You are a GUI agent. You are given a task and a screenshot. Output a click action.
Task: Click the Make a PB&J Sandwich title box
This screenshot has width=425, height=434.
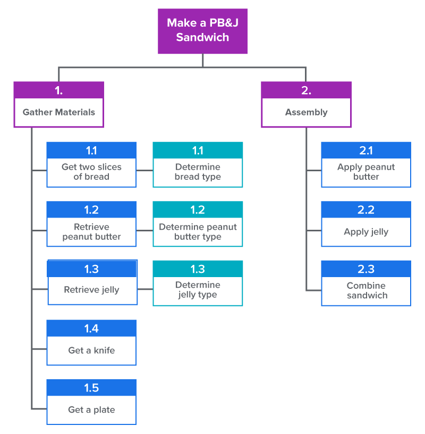coord(202,30)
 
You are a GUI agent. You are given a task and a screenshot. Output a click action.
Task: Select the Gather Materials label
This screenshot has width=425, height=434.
coord(58,112)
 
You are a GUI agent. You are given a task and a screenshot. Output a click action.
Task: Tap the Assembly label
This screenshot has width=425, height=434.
coord(306,112)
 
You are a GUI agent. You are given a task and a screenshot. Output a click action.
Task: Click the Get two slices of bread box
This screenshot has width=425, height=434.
coord(91,172)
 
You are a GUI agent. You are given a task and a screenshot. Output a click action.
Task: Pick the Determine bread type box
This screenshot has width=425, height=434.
coord(198,172)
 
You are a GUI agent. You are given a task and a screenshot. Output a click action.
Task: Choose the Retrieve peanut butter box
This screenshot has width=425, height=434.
coord(91,232)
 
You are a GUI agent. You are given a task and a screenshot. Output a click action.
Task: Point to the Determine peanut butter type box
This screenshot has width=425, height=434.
coord(198,232)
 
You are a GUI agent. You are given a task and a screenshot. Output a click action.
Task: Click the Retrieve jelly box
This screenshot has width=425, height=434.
coord(92,290)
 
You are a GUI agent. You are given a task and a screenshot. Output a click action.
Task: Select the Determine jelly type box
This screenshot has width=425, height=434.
coord(198,290)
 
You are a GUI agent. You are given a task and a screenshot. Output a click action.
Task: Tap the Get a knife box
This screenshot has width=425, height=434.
coord(91,350)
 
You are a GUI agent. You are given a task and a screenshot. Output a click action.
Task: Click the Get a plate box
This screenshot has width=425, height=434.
coord(91,410)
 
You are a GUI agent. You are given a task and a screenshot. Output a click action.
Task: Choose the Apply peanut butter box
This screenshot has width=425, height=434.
coord(366,172)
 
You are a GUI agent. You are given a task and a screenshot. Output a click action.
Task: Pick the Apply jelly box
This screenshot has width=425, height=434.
coord(366,232)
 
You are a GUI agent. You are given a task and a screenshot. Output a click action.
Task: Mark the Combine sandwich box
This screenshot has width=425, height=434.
coord(366,290)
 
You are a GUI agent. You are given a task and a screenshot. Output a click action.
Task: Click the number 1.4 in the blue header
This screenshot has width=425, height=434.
coord(91,328)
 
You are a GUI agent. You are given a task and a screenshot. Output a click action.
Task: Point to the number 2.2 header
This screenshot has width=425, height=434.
coord(366,210)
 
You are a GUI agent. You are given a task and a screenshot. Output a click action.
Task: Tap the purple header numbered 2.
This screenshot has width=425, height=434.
coord(306,90)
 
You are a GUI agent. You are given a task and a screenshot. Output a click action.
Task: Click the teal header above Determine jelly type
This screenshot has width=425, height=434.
coord(198,269)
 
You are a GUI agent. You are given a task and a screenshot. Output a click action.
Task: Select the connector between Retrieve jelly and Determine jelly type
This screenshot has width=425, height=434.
coord(145,289)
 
